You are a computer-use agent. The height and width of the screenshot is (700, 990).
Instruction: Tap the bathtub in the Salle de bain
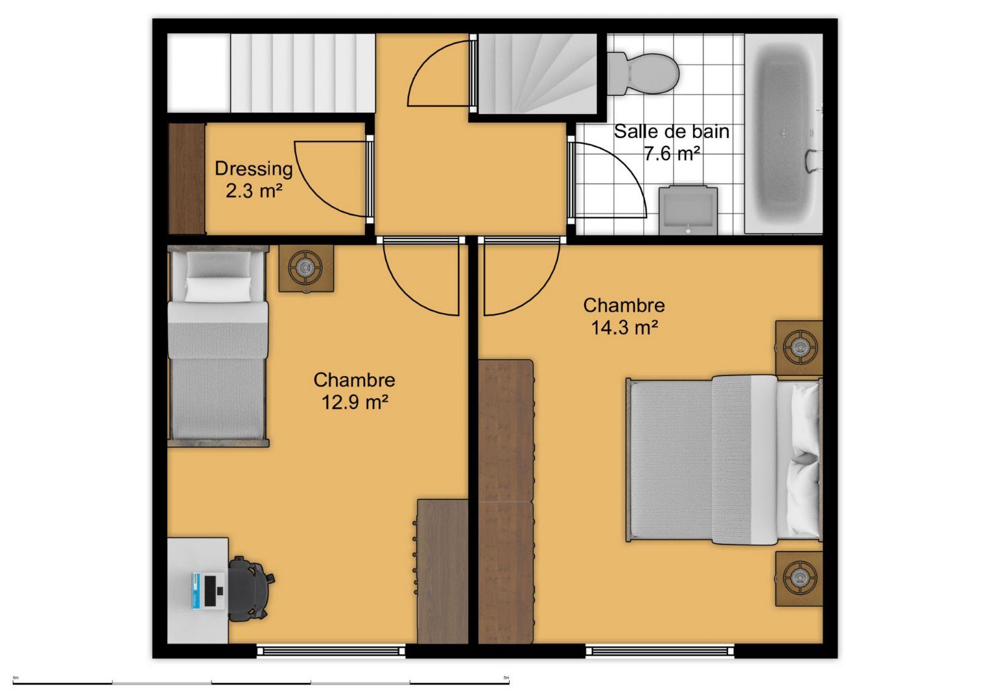click(x=784, y=134)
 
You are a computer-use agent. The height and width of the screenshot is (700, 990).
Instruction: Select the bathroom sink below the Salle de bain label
click(x=688, y=210)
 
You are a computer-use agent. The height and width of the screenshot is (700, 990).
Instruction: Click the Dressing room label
click(x=253, y=169)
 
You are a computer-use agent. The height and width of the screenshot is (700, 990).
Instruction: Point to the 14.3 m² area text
click(x=624, y=328)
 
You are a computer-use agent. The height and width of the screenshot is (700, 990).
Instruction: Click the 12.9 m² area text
click(x=355, y=402)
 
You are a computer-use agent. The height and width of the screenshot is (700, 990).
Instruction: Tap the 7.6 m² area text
click(x=671, y=154)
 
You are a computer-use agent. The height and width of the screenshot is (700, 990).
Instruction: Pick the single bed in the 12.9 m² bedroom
click(x=218, y=347)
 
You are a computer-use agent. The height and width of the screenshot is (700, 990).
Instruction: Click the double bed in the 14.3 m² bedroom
click(x=724, y=460)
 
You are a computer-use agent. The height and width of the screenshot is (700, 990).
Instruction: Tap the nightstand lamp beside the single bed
click(x=306, y=267)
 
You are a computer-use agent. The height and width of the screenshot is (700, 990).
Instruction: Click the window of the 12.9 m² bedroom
click(x=331, y=651)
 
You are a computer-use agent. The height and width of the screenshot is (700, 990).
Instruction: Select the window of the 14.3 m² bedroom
click(x=660, y=651)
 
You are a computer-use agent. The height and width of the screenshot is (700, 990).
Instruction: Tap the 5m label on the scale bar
click(x=506, y=677)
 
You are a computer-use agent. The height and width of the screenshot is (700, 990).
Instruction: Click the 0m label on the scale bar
click(x=16, y=677)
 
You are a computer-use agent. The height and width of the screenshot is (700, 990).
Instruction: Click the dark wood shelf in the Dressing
click(x=187, y=178)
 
